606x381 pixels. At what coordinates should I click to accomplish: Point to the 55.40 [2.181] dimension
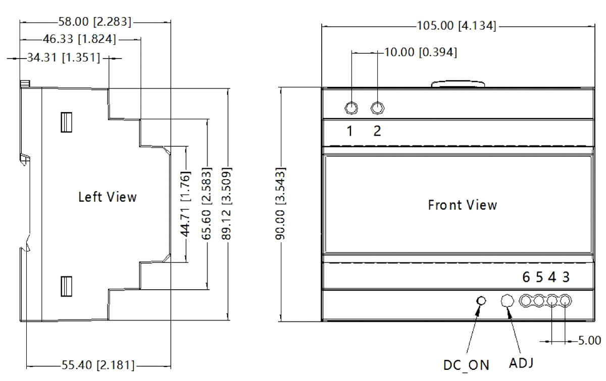(99, 365)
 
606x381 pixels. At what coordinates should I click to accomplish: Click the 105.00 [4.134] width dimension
(456, 26)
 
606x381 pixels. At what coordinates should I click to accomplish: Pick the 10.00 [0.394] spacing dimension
(421, 52)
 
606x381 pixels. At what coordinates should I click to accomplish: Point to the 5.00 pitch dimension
(589, 341)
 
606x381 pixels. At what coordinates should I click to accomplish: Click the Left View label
(107, 197)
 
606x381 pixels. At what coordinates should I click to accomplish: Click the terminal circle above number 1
(351, 108)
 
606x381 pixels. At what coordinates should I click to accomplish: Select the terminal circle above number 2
(378, 108)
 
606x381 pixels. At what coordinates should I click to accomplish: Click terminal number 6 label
(527, 278)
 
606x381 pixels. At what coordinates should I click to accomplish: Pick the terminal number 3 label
(567, 278)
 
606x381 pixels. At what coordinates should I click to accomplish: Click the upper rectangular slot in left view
(65, 122)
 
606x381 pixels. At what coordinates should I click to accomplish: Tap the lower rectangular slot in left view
(65, 286)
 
